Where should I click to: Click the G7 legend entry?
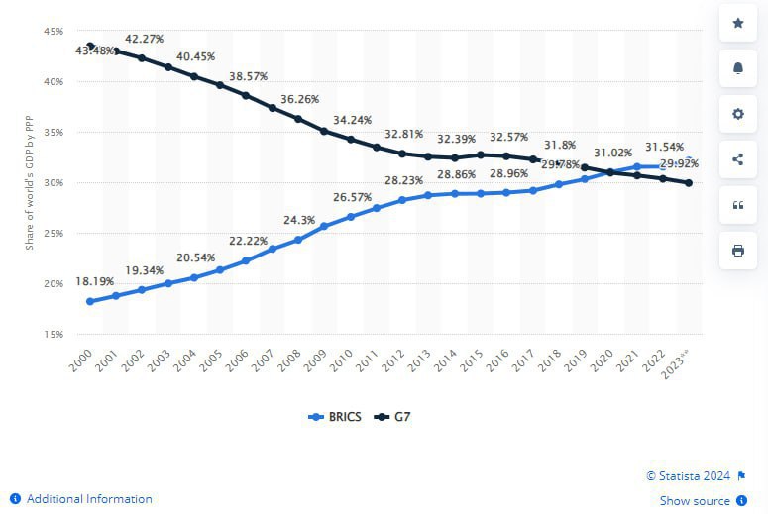tap(393, 417)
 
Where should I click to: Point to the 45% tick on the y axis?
tap(54, 32)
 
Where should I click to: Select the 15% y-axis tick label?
tap(54, 334)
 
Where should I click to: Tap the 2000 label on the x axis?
tap(83, 359)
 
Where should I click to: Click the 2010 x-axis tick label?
tap(344, 359)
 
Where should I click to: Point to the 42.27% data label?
tap(144, 40)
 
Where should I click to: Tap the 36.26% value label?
tap(299, 99)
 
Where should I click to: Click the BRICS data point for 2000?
tap(90, 301)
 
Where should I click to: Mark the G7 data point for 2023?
tap(688, 183)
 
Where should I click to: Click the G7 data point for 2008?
tap(298, 119)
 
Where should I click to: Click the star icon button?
tap(737, 23)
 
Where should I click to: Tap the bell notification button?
tap(737, 68)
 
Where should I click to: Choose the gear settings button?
tap(737, 114)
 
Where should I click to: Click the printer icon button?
tap(737, 251)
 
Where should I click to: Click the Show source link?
tap(695, 501)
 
